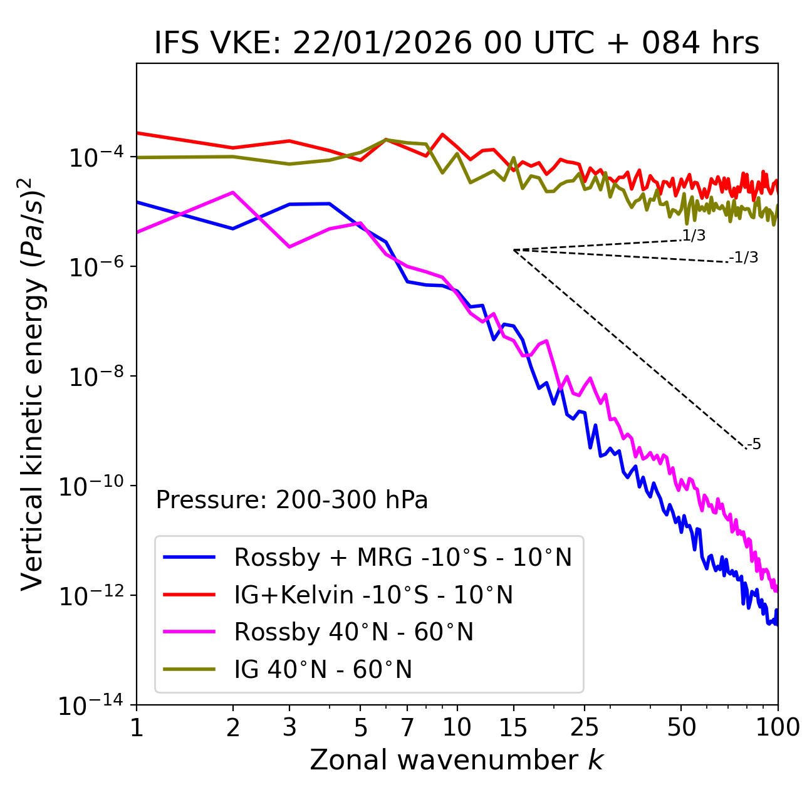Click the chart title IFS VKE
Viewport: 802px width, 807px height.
coord(457,43)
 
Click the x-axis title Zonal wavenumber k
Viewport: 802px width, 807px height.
coord(457,760)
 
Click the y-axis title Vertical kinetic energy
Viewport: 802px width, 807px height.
coord(33,384)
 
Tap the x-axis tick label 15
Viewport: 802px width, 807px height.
coord(513,727)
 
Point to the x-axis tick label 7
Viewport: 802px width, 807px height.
coord(407,727)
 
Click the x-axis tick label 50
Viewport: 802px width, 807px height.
coord(681,727)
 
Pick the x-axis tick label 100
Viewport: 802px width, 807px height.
coord(778,727)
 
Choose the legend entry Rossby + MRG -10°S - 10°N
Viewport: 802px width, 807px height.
coord(403,557)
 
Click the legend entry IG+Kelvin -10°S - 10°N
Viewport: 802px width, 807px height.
coord(373,595)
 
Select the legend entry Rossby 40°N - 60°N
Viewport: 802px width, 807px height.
coord(353,632)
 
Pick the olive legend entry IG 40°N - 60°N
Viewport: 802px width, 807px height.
coord(323,670)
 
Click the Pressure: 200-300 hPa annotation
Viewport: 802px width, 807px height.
coord(292,500)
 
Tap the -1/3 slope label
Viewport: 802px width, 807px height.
coord(744,258)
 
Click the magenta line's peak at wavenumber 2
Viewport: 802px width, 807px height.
coord(233,192)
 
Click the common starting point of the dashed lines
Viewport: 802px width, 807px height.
coord(514,250)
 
